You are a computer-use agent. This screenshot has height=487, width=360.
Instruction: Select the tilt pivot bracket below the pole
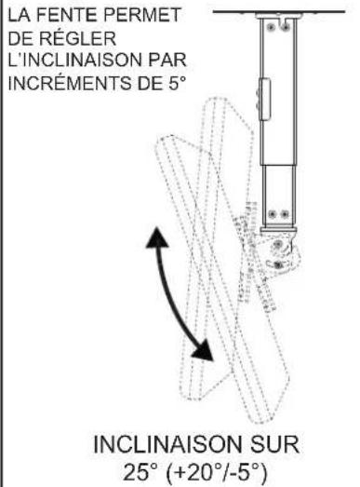coord(280,246)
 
